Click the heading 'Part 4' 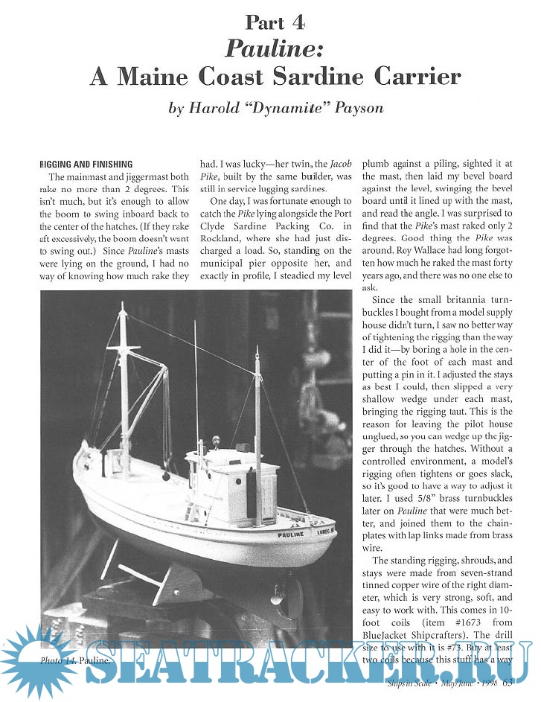tap(275, 23)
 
